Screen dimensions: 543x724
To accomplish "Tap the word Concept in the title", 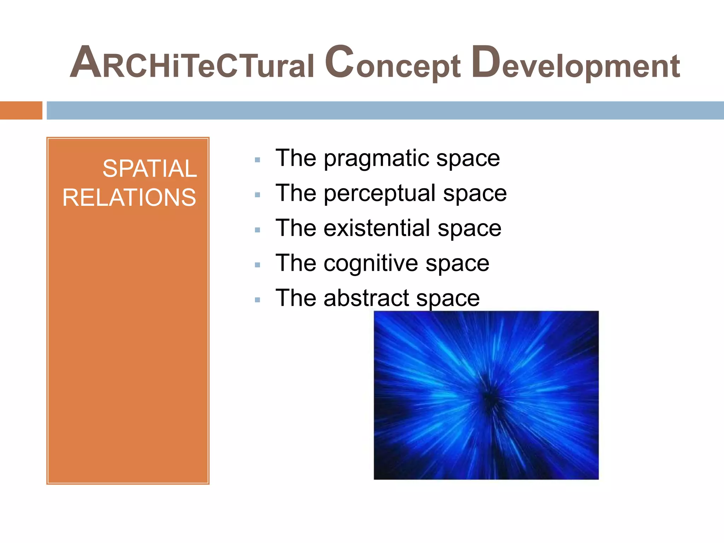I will click(x=392, y=64).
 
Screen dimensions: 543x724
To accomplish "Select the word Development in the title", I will click(x=575, y=64).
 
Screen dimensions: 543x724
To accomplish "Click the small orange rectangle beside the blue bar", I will click(x=21, y=110).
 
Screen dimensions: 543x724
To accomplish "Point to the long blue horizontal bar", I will click(x=385, y=110).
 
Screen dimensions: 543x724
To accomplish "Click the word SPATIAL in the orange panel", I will click(x=149, y=168).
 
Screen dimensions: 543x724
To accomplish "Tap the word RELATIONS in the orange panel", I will click(x=129, y=197).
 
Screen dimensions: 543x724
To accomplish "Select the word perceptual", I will click(x=380, y=193).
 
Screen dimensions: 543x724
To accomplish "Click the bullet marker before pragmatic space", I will click(x=257, y=160).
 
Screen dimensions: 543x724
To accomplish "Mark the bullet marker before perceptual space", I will click(x=257, y=195).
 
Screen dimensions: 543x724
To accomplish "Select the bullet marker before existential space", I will click(x=257, y=230).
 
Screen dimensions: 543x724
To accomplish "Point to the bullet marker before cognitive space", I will click(x=257, y=265).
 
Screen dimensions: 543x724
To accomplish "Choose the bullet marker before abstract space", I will click(x=257, y=300).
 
